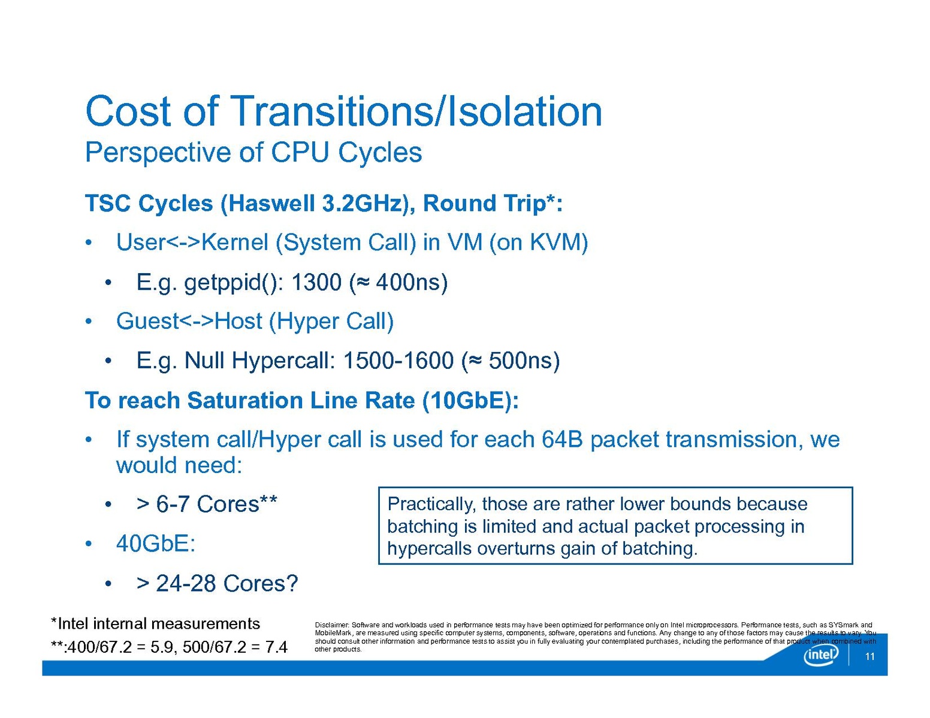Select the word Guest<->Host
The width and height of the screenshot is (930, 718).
pyautogui.click(x=189, y=321)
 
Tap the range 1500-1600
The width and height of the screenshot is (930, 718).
pyautogui.click(x=398, y=360)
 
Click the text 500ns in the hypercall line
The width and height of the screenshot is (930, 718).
pyautogui.click(x=521, y=360)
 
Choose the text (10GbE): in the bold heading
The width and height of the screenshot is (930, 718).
pyautogui.click(x=470, y=401)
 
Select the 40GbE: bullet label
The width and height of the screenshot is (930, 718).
pyautogui.click(x=156, y=544)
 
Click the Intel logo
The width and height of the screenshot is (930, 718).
pyautogui.click(x=820, y=655)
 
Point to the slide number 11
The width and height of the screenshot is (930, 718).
pyautogui.click(x=869, y=656)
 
